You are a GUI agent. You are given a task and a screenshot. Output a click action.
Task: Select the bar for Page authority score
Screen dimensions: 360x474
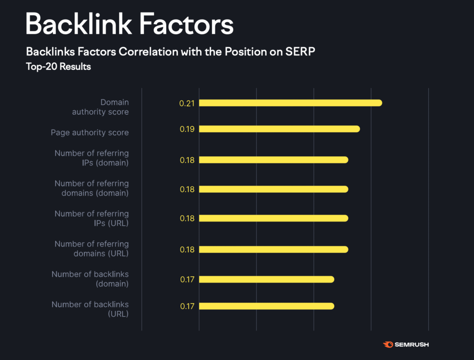tap(279, 129)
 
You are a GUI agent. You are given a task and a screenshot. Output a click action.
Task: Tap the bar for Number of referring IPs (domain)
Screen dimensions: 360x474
tap(273, 160)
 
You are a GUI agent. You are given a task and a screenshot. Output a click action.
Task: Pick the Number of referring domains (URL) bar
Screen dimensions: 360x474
tap(273, 249)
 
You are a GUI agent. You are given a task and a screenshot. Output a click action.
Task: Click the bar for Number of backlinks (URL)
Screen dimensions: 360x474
tap(266, 306)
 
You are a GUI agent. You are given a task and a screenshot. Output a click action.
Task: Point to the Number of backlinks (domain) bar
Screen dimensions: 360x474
tap(266, 279)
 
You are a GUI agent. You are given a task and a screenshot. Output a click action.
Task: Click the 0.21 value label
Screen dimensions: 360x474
tap(187, 103)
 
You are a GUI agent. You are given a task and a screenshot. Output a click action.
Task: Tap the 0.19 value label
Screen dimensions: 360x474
tap(187, 129)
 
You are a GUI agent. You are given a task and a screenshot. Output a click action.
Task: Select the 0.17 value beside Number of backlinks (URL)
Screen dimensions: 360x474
tap(187, 306)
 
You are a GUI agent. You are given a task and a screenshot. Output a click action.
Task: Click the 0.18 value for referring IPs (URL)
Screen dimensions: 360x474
tap(187, 218)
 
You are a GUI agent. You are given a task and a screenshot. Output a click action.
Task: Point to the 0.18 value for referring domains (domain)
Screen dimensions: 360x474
tap(187, 189)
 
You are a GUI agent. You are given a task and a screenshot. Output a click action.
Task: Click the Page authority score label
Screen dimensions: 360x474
tap(90, 133)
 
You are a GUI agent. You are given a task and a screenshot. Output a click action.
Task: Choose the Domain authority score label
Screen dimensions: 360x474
tap(100, 107)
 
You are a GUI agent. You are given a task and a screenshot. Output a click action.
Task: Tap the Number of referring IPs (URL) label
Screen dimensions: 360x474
tap(92, 218)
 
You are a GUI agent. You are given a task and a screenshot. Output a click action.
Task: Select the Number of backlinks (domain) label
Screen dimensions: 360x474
tap(90, 279)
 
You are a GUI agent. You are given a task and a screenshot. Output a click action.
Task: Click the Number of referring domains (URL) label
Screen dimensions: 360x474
tap(92, 248)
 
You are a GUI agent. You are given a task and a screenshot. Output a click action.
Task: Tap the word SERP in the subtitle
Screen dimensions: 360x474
tap(302, 51)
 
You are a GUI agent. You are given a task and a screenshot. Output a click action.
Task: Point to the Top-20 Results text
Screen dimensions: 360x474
tap(58, 67)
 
